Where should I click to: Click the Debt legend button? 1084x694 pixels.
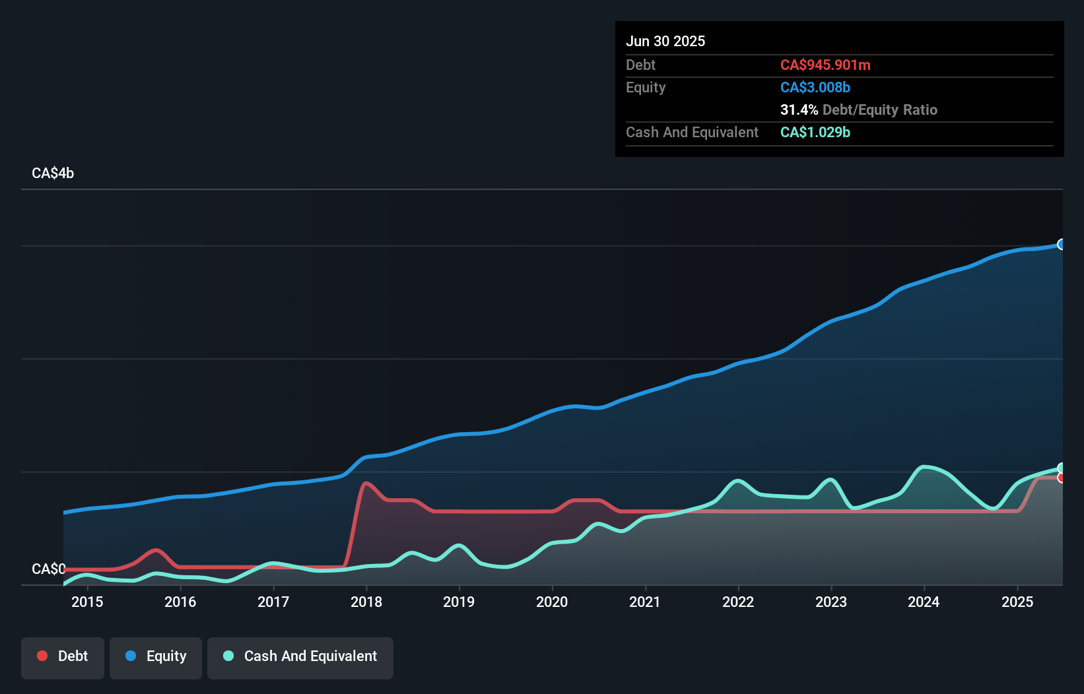(x=62, y=656)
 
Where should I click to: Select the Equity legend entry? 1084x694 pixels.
(x=156, y=656)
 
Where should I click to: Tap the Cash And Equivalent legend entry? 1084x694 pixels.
(x=300, y=656)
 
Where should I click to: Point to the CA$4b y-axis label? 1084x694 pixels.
(x=53, y=173)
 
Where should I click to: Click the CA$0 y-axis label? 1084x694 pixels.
(x=48, y=569)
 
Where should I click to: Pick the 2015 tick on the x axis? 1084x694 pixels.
(x=87, y=602)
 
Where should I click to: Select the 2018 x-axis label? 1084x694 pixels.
(x=366, y=602)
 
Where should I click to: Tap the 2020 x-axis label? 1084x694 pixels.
(x=552, y=602)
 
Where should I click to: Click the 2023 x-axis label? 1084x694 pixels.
(x=831, y=602)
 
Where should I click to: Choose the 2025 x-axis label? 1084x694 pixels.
(x=1017, y=602)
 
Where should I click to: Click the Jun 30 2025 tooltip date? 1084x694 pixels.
(x=665, y=41)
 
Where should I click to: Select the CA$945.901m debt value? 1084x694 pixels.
(x=825, y=65)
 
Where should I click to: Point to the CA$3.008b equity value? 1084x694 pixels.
(x=815, y=87)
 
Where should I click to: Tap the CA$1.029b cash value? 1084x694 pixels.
(x=815, y=132)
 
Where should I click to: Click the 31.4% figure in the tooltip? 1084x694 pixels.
(x=799, y=110)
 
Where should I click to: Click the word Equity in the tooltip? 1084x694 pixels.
(x=646, y=87)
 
